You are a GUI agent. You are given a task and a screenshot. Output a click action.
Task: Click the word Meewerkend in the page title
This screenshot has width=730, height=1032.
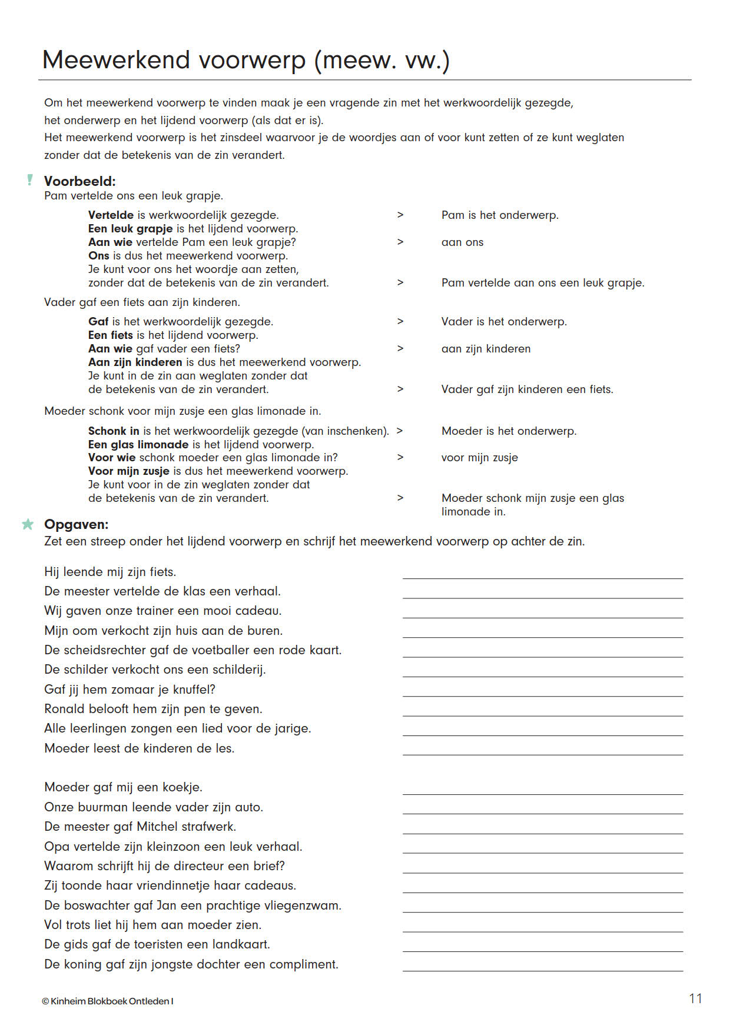pos(116,61)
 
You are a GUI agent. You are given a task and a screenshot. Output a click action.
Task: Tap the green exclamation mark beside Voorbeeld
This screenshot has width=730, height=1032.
pos(30,180)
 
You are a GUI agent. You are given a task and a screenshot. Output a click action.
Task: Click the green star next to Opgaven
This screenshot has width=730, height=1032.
pos(28,524)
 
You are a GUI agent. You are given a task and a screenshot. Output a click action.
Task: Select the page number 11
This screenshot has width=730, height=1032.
pos(695,998)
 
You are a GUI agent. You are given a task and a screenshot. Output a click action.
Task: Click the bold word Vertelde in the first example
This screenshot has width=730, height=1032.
pos(111,215)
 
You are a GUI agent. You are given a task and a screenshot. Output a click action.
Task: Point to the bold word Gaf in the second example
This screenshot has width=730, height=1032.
pos(98,322)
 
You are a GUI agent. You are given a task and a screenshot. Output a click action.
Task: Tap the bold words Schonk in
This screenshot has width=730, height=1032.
pos(114,431)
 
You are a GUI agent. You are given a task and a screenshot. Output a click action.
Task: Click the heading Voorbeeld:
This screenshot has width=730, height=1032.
pos(80,181)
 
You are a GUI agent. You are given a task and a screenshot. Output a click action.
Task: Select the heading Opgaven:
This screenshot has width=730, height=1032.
pos(77,524)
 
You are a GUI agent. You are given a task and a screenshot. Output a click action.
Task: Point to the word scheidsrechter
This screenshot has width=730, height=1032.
pos(109,650)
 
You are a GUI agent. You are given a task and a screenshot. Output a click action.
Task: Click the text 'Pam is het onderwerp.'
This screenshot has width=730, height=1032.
pos(500,215)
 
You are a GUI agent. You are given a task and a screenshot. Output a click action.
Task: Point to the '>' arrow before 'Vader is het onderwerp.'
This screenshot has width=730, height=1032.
pos(400,321)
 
